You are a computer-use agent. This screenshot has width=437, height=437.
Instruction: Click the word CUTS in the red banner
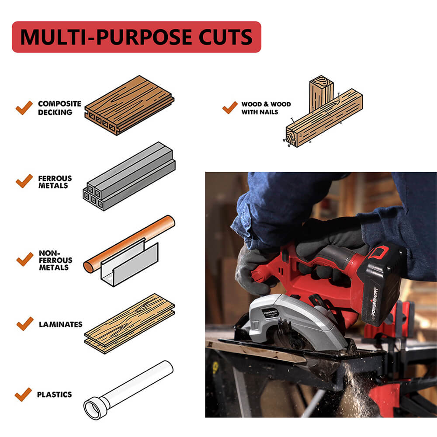tap(225, 37)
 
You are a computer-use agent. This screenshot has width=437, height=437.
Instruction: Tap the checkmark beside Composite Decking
tap(24, 108)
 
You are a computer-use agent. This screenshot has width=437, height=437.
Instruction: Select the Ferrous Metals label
tap(55, 182)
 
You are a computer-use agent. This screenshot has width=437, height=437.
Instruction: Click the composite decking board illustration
tap(129, 105)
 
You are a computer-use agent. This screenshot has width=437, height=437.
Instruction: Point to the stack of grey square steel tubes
tap(129, 177)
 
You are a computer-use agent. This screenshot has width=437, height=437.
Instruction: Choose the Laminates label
tap(60, 324)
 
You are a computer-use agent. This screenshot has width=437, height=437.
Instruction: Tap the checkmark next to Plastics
tap(23, 394)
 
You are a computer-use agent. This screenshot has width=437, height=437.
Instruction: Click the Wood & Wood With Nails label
tap(266, 108)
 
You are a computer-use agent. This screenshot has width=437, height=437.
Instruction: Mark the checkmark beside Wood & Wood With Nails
tap(230, 108)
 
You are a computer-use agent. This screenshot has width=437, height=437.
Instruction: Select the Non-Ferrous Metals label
tap(55, 260)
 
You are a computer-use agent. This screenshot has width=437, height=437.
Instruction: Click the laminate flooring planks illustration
tap(130, 323)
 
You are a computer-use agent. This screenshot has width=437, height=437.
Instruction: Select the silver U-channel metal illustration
tap(129, 264)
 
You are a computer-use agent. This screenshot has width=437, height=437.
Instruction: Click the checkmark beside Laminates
tap(25, 324)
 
